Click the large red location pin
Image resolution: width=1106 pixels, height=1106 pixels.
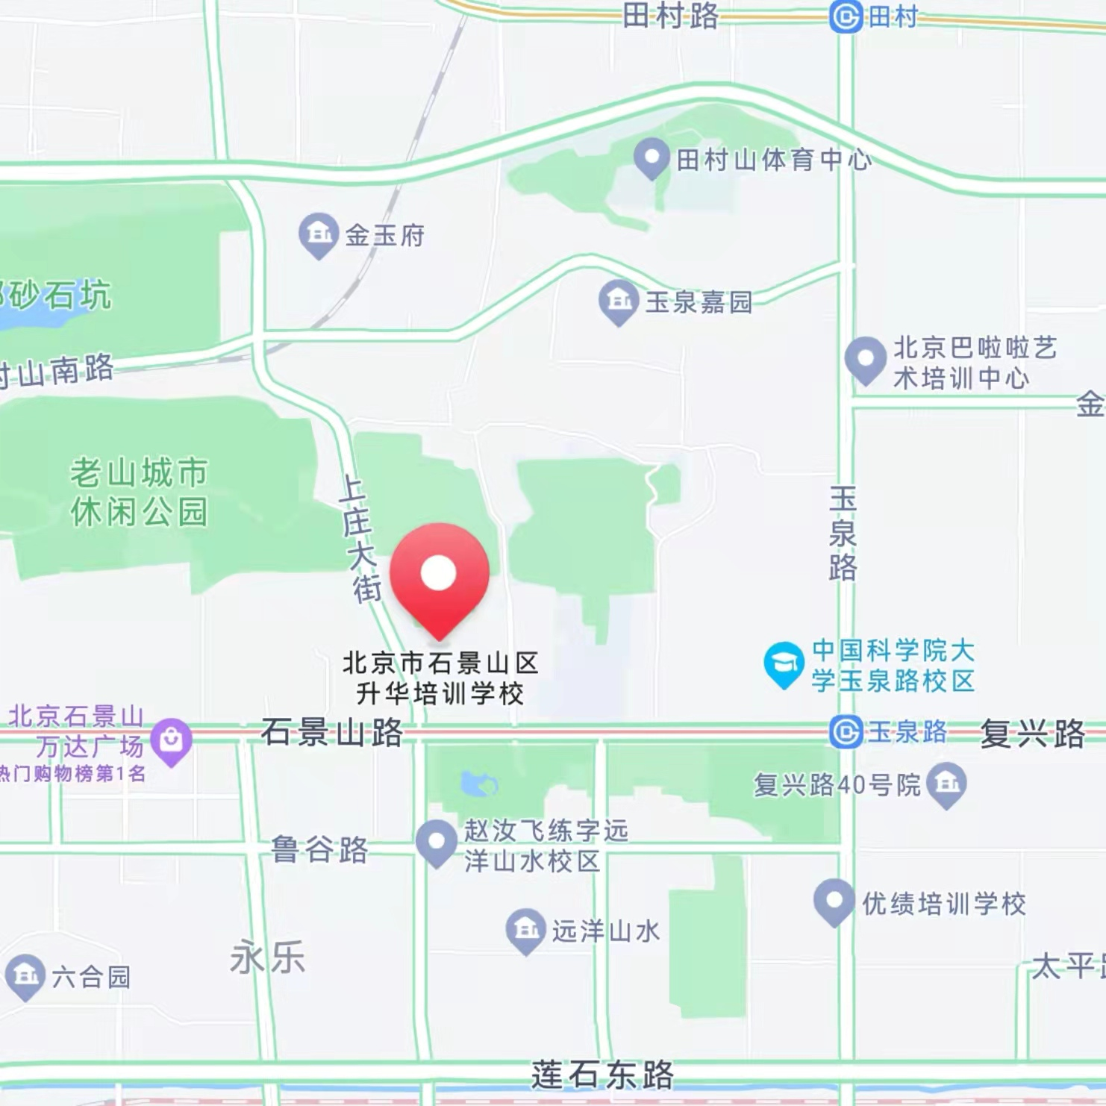(439, 574)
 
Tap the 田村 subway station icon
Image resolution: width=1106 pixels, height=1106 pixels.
(846, 16)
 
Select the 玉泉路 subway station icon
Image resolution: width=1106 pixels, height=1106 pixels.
(846, 732)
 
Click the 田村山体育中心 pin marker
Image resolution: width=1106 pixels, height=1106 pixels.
(651, 157)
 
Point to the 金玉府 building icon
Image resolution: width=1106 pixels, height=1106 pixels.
(319, 234)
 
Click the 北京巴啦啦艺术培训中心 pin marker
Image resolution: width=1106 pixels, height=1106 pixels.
(865, 359)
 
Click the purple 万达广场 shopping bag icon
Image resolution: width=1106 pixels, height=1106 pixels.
(171, 741)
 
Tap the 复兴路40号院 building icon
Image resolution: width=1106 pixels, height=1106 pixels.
(946, 784)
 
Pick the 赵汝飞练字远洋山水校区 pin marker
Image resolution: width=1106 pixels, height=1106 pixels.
(437, 842)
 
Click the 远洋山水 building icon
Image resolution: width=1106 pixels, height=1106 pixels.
(525, 930)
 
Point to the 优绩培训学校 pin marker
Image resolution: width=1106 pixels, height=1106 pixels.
(834, 902)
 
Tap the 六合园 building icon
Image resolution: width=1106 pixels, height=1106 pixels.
(25, 975)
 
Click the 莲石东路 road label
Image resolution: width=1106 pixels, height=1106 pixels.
(602, 1075)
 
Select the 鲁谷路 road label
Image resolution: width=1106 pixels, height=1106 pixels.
(319, 849)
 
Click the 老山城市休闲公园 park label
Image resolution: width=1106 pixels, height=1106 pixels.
(139, 493)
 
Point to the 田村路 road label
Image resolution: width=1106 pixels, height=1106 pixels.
(670, 15)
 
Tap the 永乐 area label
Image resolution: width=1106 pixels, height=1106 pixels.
(267, 957)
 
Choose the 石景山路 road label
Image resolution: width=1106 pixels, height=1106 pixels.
(331, 733)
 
